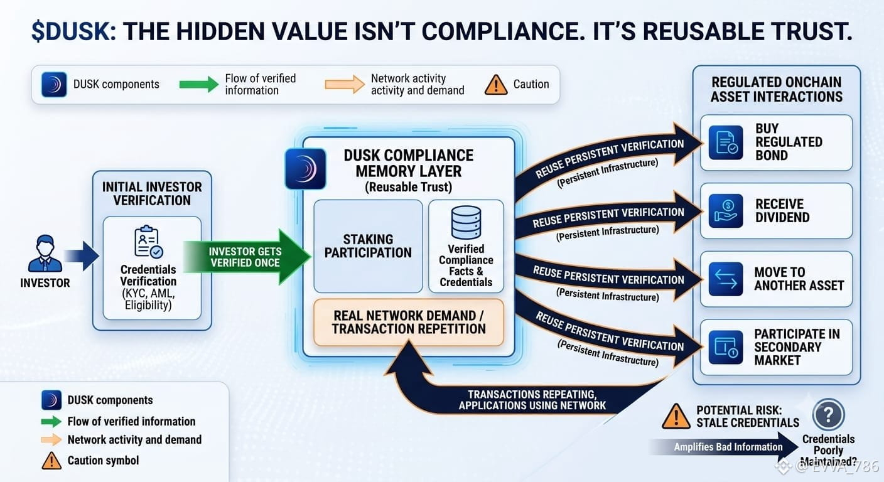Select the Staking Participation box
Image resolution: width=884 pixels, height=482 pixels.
click(368, 246)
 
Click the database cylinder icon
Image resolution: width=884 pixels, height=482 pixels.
click(466, 222)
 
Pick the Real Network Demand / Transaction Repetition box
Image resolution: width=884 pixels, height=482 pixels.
click(409, 322)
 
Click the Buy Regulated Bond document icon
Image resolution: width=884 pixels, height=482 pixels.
click(726, 142)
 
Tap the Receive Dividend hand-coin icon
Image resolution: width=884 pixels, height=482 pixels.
click(726, 211)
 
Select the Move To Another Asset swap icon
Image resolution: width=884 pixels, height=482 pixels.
click(726, 279)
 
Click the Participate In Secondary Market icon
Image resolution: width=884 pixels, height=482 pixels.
click(726, 347)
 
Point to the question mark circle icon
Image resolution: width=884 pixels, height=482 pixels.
click(828, 415)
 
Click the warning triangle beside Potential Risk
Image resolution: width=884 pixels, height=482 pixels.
click(676, 416)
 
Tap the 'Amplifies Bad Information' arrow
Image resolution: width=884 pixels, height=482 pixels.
click(724, 447)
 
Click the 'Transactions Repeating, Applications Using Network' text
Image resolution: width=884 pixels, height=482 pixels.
click(532, 400)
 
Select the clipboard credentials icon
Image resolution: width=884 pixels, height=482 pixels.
click(148, 242)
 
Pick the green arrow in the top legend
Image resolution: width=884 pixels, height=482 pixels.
click(199, 84)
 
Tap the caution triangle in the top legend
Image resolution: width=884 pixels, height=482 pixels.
click(496, 85)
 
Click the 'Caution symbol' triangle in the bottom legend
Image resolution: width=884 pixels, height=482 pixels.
click(51, 461)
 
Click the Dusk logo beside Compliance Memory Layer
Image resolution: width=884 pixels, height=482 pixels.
click(306, 169)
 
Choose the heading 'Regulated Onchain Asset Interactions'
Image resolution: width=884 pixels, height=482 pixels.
click(776, 89)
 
